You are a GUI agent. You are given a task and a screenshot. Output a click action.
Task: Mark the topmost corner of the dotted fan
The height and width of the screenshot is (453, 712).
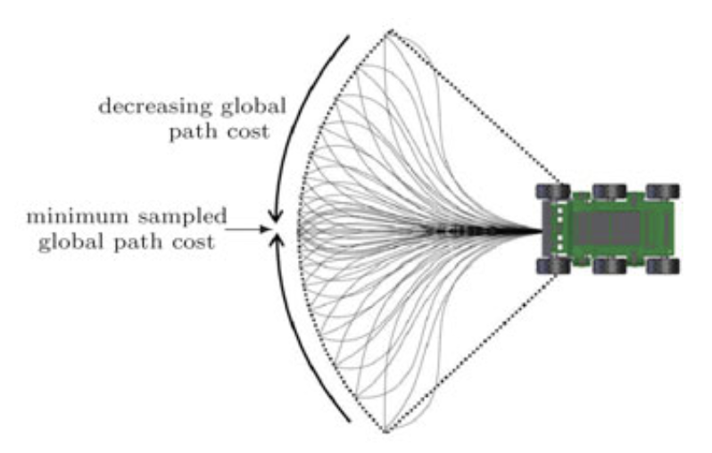(x=391, y=31)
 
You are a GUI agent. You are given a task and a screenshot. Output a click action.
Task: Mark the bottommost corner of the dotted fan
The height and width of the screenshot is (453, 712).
(x=385, y=432)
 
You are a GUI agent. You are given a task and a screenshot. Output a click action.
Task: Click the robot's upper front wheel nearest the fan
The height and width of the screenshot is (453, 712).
(x=553, y=192)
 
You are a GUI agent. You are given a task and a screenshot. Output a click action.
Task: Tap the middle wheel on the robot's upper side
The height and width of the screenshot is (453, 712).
(x=609, y=192)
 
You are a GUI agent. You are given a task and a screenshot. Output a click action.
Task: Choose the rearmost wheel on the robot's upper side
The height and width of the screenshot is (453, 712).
(x=663, y=192)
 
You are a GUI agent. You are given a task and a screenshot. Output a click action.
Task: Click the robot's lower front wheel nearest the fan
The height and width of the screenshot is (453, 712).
(x=553, y=266)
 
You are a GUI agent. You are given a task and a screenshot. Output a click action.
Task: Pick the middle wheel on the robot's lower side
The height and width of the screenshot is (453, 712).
(x=609, y=266)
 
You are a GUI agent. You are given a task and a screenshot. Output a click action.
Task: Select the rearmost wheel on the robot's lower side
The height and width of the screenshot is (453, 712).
(x=663, y=266)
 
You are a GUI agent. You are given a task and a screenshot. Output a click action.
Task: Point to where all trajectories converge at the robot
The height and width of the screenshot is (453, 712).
(x=541, y=232)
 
